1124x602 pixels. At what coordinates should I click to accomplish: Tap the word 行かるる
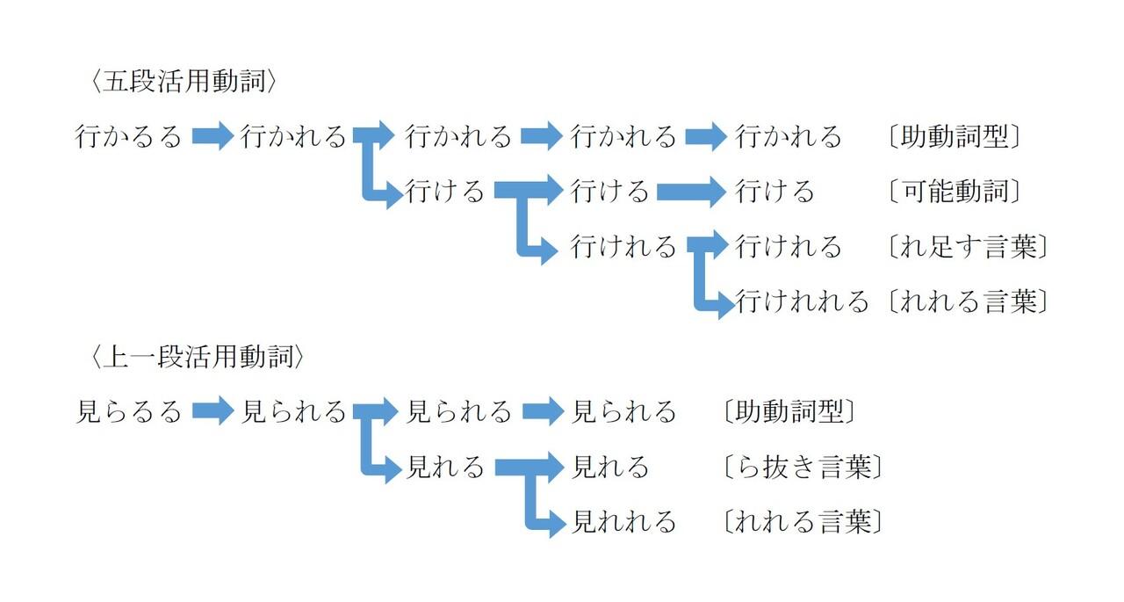(x=128, y=137)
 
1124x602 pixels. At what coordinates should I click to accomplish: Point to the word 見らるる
(x=128, y=411)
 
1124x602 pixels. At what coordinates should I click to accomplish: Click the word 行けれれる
(x=802, y=301)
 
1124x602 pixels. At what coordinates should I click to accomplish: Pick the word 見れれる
(x=624, y=522)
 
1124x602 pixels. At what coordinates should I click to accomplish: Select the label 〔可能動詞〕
(x=955, y=192)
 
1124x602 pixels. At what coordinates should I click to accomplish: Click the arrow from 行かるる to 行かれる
(x=212, y=137)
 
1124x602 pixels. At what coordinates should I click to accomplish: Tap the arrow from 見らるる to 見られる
(x=212, y=411)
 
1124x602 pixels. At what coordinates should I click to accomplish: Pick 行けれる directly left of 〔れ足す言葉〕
(x=789, y=247)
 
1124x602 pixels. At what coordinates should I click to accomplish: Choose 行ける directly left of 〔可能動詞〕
(x=775, y=192)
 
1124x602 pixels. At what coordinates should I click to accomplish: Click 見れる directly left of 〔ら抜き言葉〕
(x=610, y=467)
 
